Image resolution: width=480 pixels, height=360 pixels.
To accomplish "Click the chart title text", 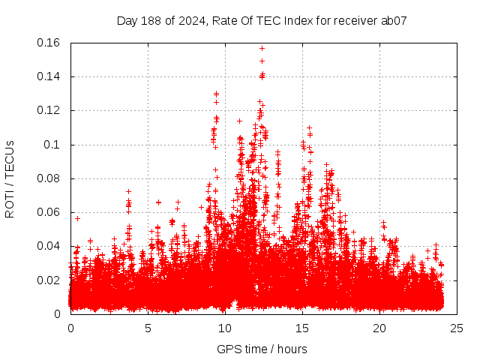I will (x=262, y=20).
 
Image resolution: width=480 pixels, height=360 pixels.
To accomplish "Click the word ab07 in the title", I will (x=394, y=20).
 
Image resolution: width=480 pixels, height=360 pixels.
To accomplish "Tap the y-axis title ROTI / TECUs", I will (x=10, y=178).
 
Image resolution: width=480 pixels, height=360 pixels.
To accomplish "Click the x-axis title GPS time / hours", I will (x=262, y=349).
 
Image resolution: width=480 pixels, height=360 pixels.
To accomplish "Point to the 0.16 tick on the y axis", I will (x=49, y=43).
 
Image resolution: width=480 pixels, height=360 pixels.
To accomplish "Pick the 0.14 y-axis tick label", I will (x=49, y=76).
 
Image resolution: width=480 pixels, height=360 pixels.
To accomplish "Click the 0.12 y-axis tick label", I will (x=49, y=110).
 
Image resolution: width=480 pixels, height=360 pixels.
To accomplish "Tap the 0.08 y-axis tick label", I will (x=49, y=178).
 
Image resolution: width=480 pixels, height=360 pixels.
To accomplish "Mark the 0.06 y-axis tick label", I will (x=49, y=212).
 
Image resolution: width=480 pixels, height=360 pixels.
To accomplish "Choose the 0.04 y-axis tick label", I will (x=49, y=246).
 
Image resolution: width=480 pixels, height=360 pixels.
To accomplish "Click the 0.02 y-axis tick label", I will (x=49, y=280).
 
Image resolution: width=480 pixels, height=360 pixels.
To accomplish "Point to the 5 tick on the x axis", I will (x=148, y=328).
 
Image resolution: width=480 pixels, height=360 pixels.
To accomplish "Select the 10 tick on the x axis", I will (x=225, y=328).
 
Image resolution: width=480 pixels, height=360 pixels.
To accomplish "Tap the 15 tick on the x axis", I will (x=302, y=328).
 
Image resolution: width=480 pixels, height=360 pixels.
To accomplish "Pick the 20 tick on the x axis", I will (x=379, y=328).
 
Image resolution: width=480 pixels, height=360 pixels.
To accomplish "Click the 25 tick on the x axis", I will (x=457, y=328).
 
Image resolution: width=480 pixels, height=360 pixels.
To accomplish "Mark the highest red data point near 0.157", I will (x=262, y=48).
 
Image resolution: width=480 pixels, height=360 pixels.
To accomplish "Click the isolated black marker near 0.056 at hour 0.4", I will (x=77, y=218).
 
